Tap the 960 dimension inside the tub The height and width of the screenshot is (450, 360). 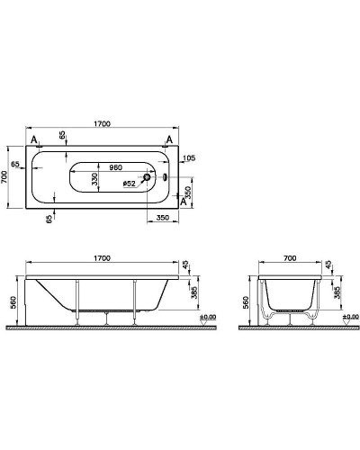115,166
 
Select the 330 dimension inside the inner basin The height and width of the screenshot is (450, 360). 94,180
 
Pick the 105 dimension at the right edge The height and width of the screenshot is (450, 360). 188,158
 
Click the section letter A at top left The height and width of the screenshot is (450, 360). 33,141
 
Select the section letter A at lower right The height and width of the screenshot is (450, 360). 184,202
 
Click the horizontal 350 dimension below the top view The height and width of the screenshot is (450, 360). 162,218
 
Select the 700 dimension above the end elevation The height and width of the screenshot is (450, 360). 290,257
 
